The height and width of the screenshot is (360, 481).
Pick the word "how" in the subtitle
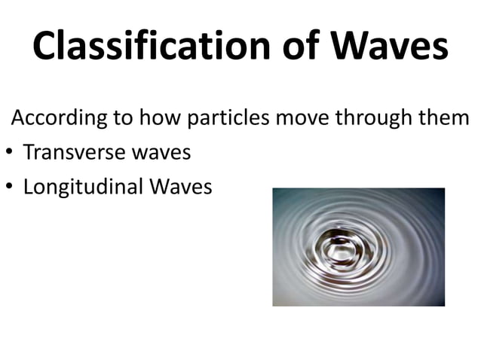(141, 119)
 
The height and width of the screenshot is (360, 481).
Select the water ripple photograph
(358, 247)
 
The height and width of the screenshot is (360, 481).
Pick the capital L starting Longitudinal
(29, 186)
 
